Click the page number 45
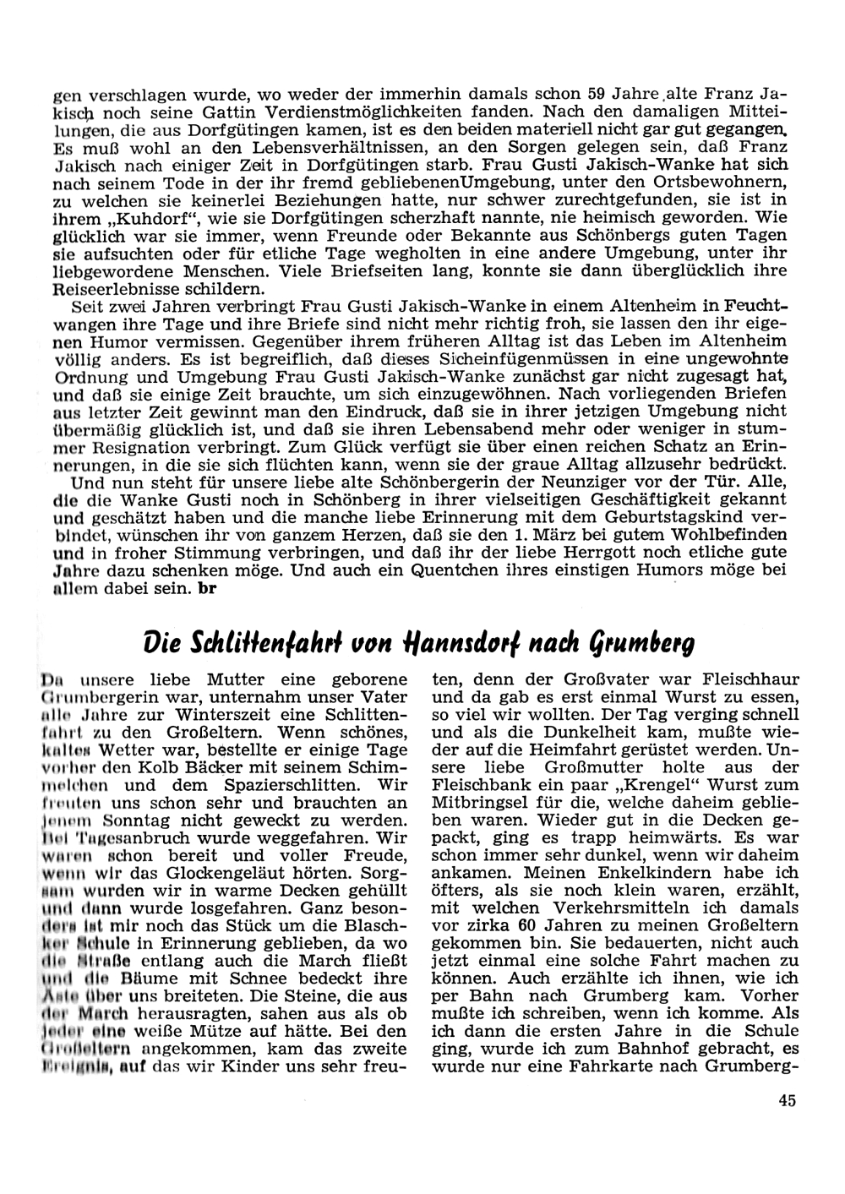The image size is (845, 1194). pos(787,1100)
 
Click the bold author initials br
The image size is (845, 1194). pos(203,588)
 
